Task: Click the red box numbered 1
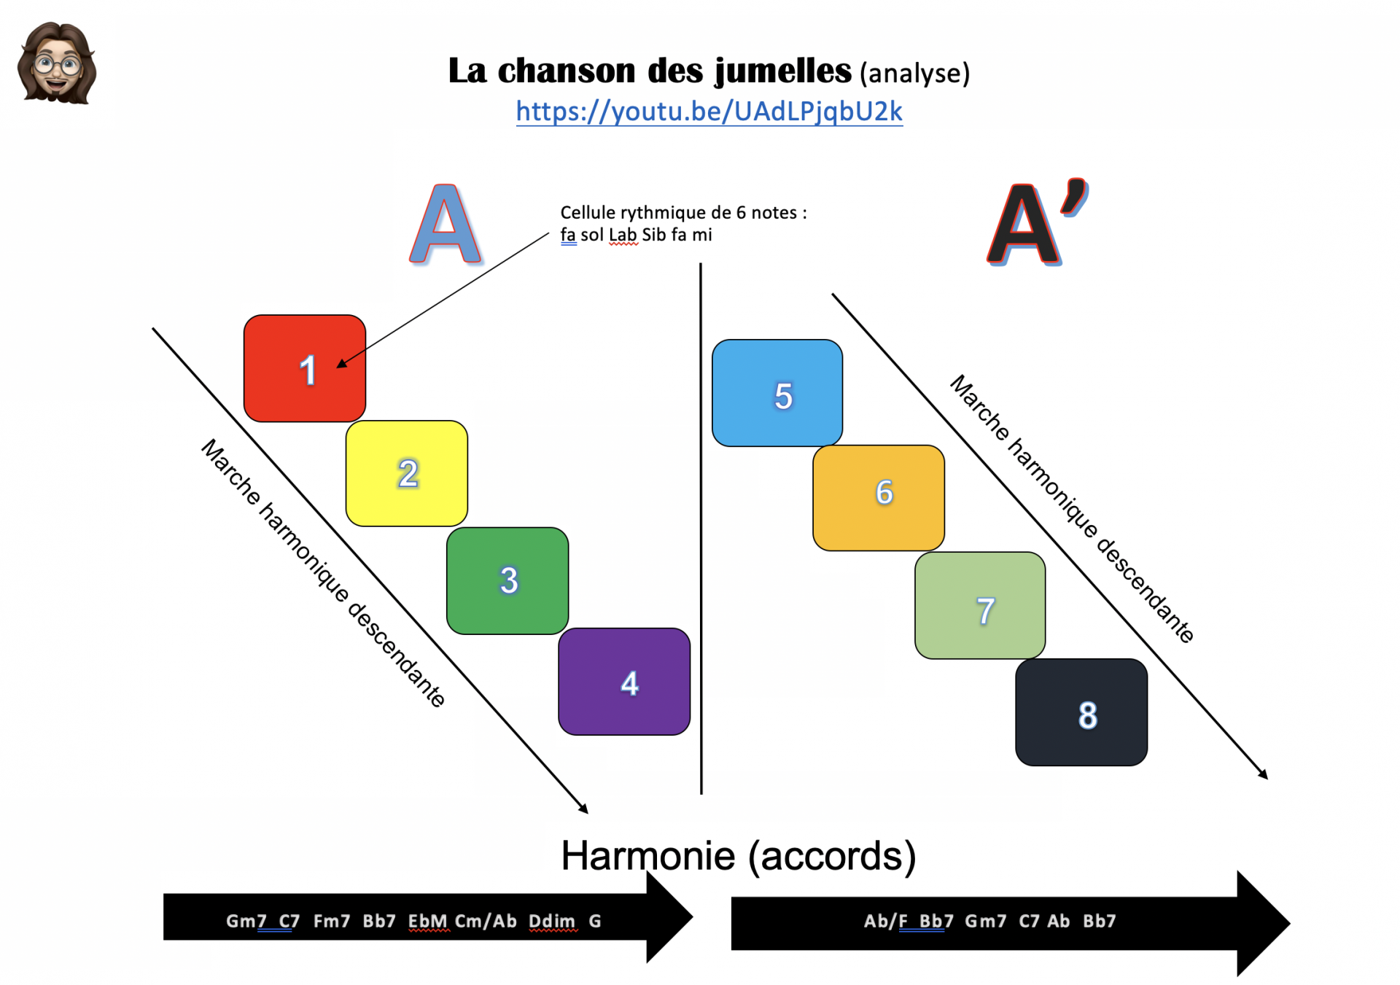pos(305,368)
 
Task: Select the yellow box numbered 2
pos(407,473)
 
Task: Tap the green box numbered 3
pos(507,580)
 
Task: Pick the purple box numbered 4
pos(624,682)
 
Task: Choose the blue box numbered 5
pos(777,393)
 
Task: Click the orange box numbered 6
pos(879,498)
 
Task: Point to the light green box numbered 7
pos(980,605)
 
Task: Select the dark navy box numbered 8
pos(1081,712)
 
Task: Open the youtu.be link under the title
pos(709,112)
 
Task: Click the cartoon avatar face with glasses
pos(57,63)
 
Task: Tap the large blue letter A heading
pos(445,224)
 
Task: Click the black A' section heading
pos(1035,222)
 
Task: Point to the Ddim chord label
pos(552,921)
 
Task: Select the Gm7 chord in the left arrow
pos(241,921)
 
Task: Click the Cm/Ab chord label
pos(486,921)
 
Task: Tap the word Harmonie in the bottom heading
pos(648,855)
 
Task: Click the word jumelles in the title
pos(783,71)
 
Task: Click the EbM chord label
pos(427,921)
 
